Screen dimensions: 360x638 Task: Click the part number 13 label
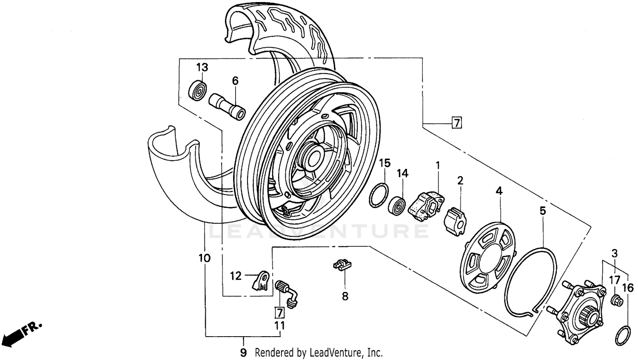202,67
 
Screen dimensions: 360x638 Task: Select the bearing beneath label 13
198,90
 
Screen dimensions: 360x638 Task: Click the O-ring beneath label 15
379,195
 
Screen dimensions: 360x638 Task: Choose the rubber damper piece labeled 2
455,220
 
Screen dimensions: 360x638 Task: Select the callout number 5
542,211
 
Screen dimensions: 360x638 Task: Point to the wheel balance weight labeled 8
342,265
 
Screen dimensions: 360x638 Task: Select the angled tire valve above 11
287,292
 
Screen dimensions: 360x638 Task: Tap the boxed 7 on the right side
456,123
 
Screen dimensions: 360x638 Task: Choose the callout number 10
204,258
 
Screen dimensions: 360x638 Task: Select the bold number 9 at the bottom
243,352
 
